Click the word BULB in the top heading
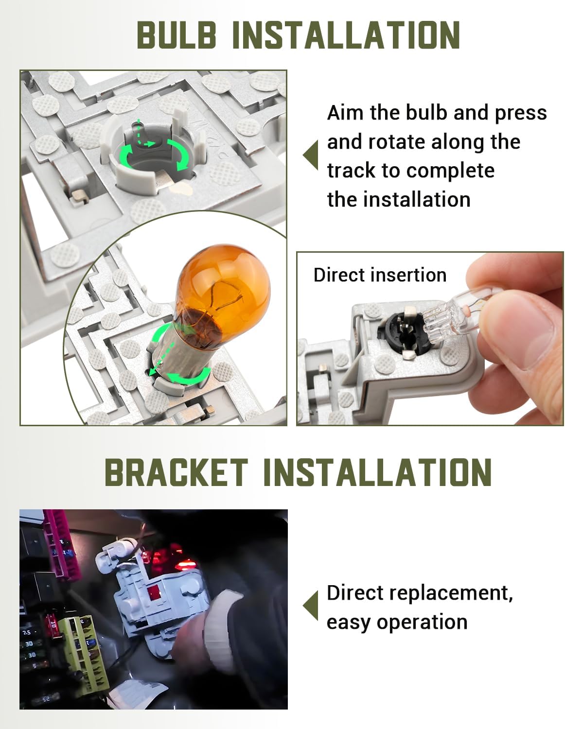pyautogui.click(x=176, y=35)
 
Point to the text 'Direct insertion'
pyautogui.click(x=380, y=275)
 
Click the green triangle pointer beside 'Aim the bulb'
pyautogui.click(x=311, y=155)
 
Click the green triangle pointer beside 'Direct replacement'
pyautogui.click(x=311, y=606)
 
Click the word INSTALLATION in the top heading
pyautogui.click(x=346, y=35)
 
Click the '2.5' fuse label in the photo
pyautogui.click(x=27, y=632)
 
